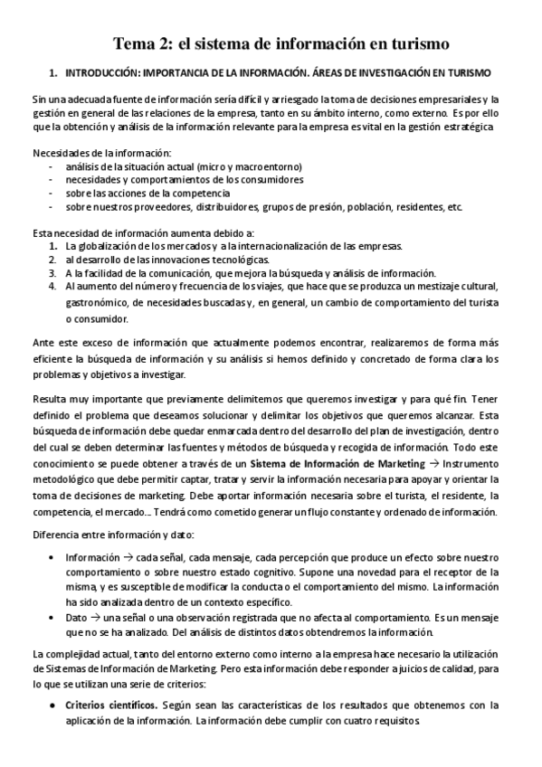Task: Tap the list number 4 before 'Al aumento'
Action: coord(53,287)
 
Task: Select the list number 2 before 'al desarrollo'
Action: coord(53,259)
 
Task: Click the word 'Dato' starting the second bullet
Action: coord(77,616)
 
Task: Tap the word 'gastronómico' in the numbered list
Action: coord(99,303)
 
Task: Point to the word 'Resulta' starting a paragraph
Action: coord(49,398)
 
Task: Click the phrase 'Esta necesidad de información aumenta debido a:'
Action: coord(129,232)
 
